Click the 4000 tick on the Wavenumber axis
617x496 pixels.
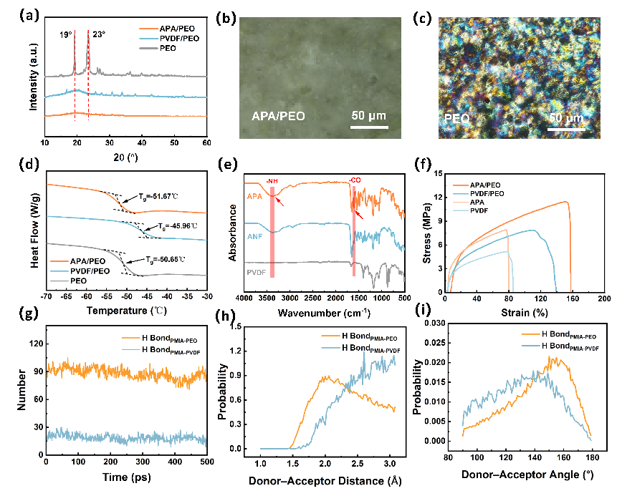(244, 296)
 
